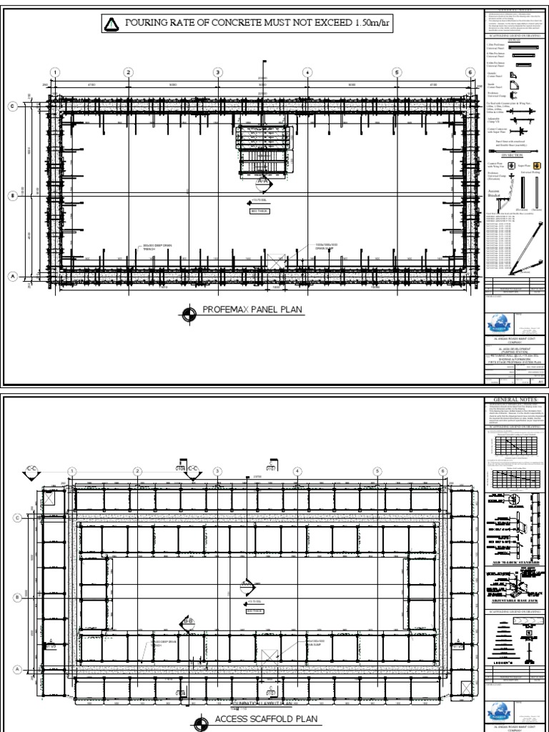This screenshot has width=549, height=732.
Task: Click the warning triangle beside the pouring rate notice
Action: point(112,26)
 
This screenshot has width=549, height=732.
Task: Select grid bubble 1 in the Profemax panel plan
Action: point(54,72)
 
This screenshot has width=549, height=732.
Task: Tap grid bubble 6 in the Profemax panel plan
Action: point(470,72)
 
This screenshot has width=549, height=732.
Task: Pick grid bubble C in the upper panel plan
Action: point(12,107)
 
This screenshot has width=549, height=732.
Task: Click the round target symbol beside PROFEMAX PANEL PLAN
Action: point(189,312)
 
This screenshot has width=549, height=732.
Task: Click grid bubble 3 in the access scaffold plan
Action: point(217,470)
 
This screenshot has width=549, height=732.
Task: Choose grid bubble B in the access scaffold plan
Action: point(16,596)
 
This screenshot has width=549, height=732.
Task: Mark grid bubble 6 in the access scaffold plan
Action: point(442,470)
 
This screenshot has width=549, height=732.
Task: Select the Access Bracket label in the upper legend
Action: point(493,192)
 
